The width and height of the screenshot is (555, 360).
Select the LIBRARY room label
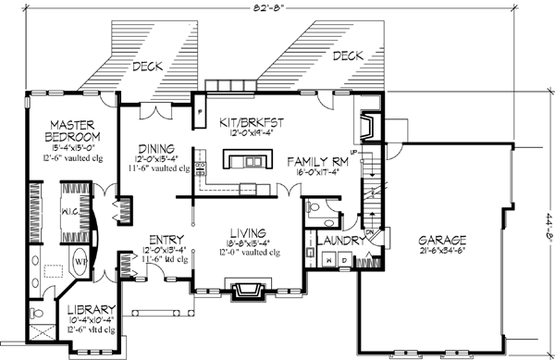pos(92,309)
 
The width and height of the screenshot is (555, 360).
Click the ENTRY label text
pos(163,239)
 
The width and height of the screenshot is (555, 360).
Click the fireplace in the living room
pos(247,291)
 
